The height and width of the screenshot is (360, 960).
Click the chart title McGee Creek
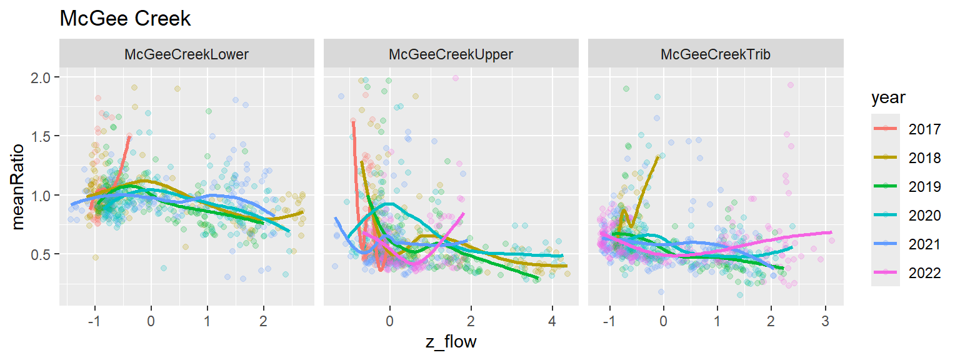pos(125,19)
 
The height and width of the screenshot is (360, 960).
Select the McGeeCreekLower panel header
pos(186,54)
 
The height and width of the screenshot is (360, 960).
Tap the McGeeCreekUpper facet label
pos(451,54)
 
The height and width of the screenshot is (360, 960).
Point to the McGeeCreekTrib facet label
pos(715,54)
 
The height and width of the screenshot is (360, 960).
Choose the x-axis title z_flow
pos(451,342)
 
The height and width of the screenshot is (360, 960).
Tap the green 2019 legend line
pos(886,186)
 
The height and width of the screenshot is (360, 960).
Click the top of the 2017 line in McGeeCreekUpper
pos(353,122)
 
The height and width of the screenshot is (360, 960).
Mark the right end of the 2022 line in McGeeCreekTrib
pos(832,232)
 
